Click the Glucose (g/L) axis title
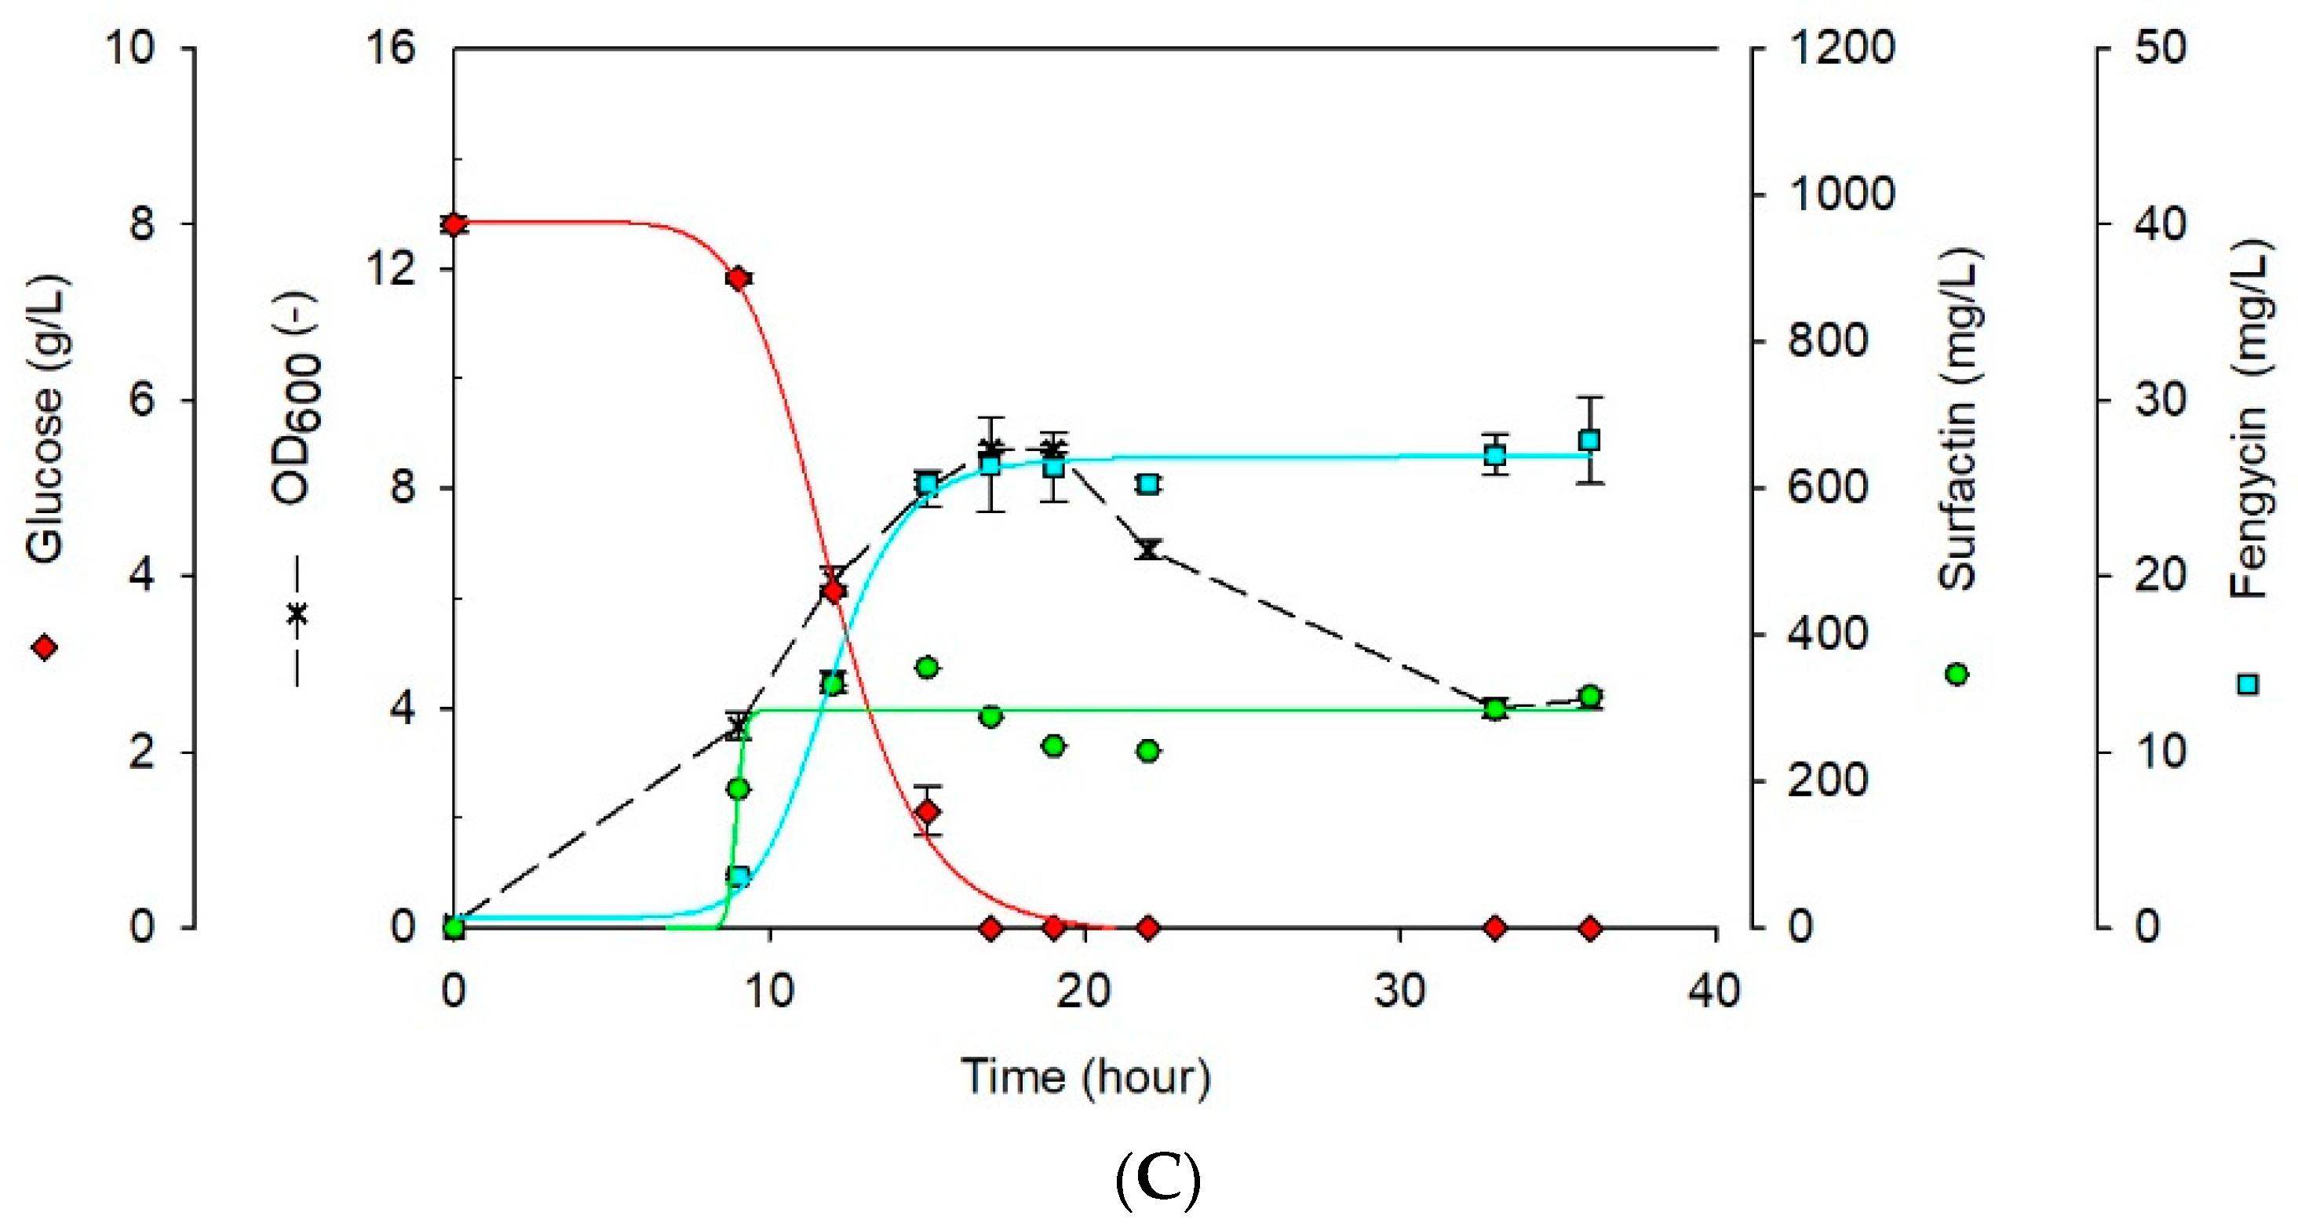click(45, 419)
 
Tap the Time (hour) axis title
click(1085, 1077)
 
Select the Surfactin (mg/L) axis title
click(1959, 419)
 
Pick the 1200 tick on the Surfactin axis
click(1841, 47)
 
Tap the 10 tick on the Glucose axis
click(130, 47)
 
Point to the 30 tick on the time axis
click(1399, 992)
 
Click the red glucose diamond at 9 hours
click(738, 279)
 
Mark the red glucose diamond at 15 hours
click(928, 811)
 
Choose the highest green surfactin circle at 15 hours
click(928, 667)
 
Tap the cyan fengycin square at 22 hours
click(1149, 484)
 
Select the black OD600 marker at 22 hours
click(1149, 548)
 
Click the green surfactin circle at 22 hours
click(1149, 751)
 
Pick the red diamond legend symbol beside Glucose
click(45, 647)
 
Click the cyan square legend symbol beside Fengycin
click(2249, 684)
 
